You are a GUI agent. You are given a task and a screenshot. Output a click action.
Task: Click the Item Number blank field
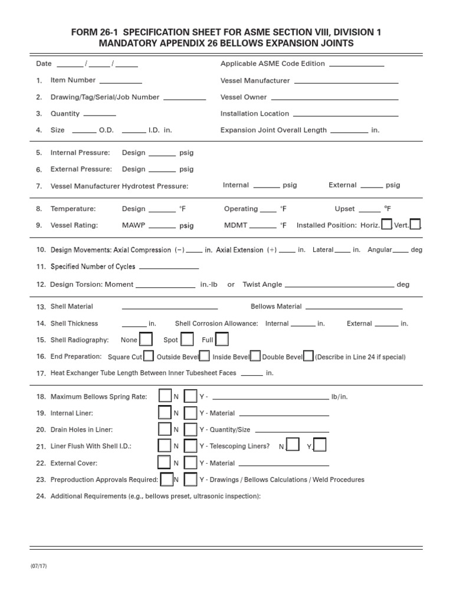tap(120, 81)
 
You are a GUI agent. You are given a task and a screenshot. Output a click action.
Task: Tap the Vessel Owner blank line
tap(334, 98)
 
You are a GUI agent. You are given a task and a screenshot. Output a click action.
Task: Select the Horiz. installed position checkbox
tap(387, 224)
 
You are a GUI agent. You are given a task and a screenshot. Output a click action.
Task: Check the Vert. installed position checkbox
tap(415, 224)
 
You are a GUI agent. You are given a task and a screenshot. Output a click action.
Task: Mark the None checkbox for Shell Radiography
tap(146, 339)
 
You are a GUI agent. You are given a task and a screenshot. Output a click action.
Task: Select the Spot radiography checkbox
tap(187, 339)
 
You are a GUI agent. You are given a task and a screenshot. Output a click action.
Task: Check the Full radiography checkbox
tap(222, 339)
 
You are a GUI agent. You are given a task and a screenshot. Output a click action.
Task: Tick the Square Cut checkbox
tap(149, 356)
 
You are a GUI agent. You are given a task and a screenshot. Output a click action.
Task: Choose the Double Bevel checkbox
tap(308, 356)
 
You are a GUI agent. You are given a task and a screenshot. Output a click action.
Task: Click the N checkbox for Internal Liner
tap(165, 412)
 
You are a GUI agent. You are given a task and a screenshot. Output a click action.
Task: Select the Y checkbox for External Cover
tap(191, 462)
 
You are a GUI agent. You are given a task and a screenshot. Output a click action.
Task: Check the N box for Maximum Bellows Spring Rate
tap(165, 396)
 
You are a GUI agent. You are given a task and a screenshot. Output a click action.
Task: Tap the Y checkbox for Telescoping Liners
tap(320, 445)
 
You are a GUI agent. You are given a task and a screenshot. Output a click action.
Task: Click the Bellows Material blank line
tap(354, 307)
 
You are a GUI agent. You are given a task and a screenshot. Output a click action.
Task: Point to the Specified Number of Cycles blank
tap(168, 267)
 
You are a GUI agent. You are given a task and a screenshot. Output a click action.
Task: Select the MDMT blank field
tap(263, 226)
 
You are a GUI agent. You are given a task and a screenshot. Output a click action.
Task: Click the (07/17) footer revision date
tap(39, 566)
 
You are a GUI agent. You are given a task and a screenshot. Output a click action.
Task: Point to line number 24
tap(41, 496)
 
